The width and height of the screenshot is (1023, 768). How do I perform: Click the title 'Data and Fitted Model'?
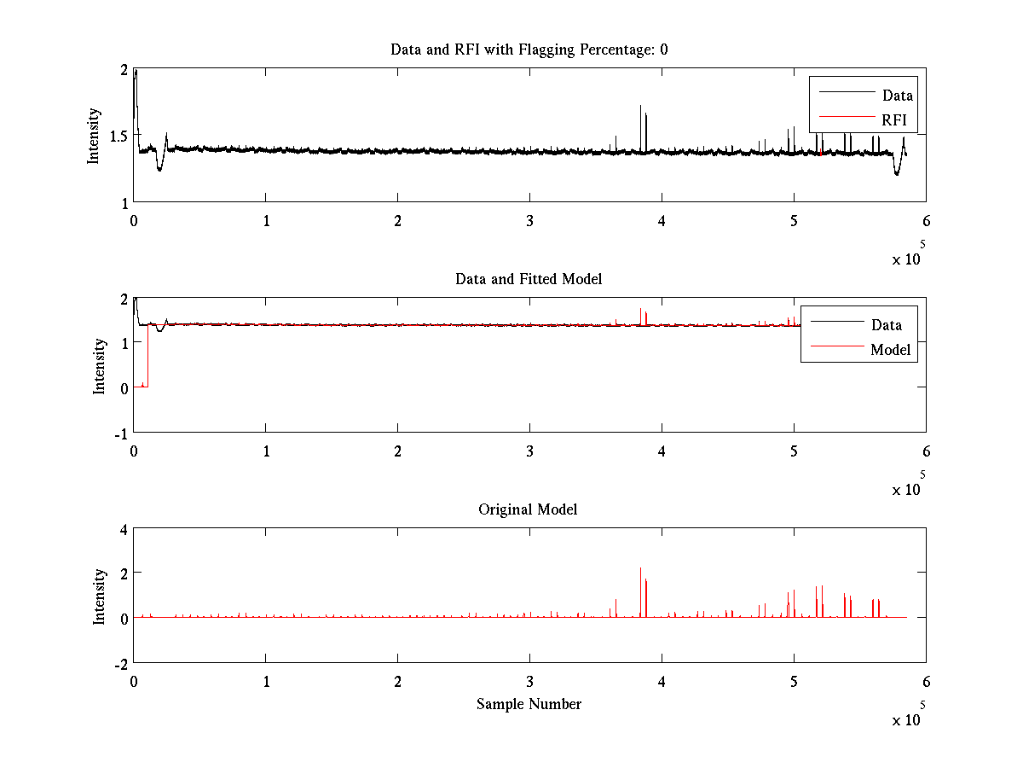[x=529, y=279]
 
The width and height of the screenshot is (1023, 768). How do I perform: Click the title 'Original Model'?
[x=528, y=509]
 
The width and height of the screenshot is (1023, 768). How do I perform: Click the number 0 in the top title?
[x=663, y=49]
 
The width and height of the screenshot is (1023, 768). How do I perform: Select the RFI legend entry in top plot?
[x=893, y=120]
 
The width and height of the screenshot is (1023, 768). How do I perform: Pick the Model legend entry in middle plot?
[x=890, y=349]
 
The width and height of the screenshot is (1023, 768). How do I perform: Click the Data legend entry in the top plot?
[x=897, y=96]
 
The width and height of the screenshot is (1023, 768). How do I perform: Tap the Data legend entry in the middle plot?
[x=886, y=324]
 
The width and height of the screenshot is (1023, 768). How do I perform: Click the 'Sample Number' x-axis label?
[x=529, y=704]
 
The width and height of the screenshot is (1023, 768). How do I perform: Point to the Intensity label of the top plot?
[x=94, y=136]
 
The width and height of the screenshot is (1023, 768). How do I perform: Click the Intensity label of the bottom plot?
[x=100, y=596]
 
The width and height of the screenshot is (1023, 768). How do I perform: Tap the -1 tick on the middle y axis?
[x=120, y=433]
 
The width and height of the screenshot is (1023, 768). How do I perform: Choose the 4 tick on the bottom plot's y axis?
[x=123, y=529]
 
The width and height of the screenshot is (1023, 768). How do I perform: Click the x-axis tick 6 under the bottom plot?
[x=926, y=681]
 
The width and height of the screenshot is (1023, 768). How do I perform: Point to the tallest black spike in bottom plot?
[x=640, y=569]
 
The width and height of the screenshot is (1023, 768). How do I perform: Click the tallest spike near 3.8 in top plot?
[x=640, y=107]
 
